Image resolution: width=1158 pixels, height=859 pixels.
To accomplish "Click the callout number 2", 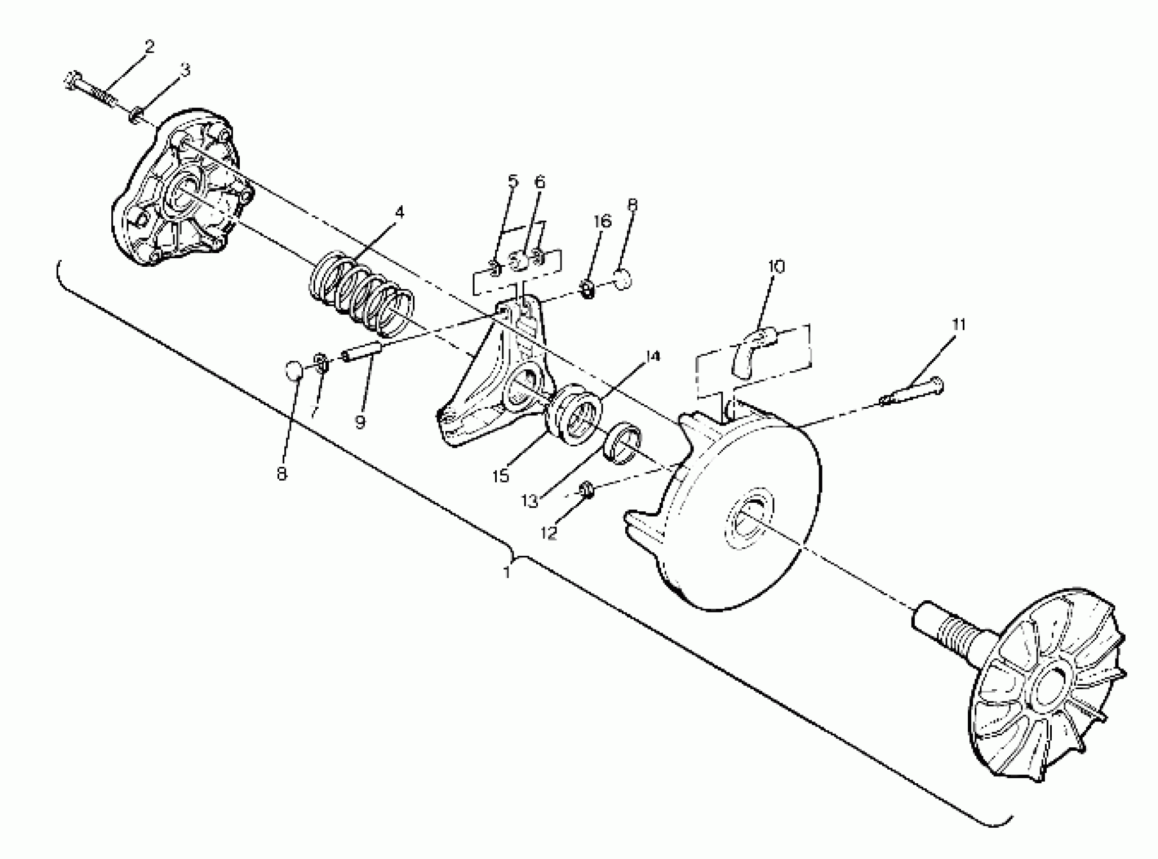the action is click(x=149, y=47).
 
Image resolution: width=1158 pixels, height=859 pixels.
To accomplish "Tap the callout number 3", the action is click(x=185, y=70).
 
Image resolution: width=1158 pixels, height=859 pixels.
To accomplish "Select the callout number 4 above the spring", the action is click(x=399, y=212).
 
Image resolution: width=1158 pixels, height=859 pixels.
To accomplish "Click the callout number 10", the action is click(x=776, y=267).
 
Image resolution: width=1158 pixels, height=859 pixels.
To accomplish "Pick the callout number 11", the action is click(x=959, y=325).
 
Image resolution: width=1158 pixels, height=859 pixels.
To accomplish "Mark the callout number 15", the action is click(x=501, y=475).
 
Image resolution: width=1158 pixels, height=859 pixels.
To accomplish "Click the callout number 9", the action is click(x=360, y=422).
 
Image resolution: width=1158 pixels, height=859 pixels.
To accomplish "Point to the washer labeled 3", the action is click(x=137, y=113).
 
